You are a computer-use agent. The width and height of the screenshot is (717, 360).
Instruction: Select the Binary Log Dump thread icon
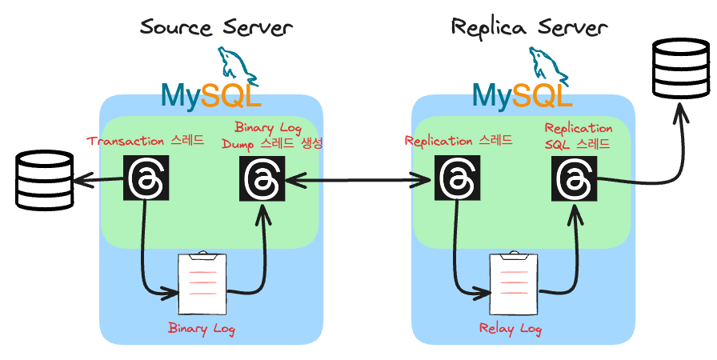(262, 178)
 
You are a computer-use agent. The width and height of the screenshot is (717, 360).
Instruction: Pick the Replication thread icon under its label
(455, 178)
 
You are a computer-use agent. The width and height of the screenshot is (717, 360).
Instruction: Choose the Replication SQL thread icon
(573, 178)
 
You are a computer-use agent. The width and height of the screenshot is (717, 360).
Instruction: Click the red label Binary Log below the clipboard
(202, 328)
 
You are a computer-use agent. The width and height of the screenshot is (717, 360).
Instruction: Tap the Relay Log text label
(511, 328)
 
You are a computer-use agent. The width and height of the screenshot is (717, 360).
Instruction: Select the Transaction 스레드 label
(145, 141)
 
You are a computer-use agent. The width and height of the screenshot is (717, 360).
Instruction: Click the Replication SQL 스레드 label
(579, 136)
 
